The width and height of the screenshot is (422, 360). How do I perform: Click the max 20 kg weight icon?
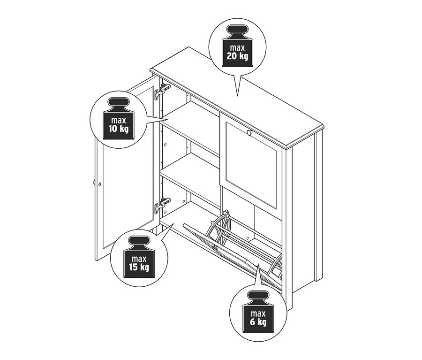[238, 46]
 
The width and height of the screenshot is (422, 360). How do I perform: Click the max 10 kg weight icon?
[119, 119]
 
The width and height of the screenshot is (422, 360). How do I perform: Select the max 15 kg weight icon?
[139, 257]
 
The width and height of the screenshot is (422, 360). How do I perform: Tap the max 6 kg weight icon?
[258, 312]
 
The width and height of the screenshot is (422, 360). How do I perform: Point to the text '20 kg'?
[237, 56]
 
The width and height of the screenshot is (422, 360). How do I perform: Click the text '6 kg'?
[258, 322]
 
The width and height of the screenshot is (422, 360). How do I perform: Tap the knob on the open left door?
[94, 182]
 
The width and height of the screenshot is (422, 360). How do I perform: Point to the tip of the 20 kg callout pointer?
[237, 96]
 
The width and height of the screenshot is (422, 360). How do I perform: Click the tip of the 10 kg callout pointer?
[168, 120]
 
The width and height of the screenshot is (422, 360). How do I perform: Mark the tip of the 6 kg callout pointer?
[257, 264]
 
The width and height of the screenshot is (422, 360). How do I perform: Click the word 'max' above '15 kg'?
[139, 259]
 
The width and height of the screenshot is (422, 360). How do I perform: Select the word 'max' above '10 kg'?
[119, 120]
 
